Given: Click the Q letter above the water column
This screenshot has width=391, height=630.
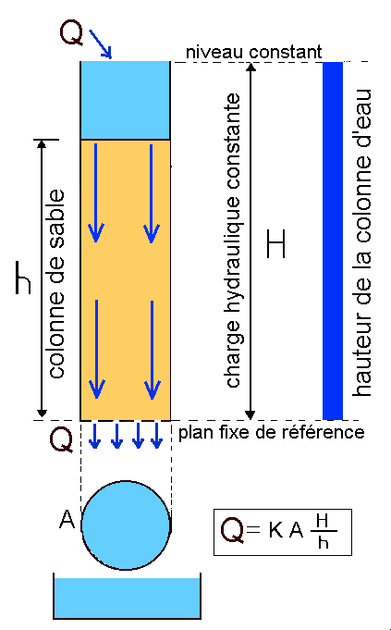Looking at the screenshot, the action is coord(72,32).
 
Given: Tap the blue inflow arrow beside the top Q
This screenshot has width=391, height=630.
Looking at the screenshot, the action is coord(100,44).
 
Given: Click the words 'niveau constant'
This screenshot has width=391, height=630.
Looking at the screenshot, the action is coord(253,52).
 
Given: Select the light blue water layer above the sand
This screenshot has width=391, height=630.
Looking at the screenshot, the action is coord(125,100).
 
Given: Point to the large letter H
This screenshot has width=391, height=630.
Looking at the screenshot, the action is coord(276,244).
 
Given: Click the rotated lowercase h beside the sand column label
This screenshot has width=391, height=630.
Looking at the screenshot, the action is coord(23,278).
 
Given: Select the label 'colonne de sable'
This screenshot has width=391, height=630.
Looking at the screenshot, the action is coord(56,284).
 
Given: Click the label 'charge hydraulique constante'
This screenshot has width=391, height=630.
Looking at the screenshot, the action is coord(233,241).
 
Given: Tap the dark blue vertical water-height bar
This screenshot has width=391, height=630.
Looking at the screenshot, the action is coord(333,241).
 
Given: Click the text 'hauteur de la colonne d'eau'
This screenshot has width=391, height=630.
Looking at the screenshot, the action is coord(361,242).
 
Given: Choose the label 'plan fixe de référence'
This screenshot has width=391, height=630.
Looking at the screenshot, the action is coord(272,433).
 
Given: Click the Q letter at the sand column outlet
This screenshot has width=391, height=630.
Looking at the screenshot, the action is coord(61,440).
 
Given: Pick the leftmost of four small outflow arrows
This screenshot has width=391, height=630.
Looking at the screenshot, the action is coord(94,435).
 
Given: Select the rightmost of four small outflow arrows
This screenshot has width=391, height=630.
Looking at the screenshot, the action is coord(156,435).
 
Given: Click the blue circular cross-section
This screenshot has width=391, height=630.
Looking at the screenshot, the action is coord(126,525).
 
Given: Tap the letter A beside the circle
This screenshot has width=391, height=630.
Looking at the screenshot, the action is coord(67,520).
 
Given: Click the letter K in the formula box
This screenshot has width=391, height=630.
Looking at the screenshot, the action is coord(275,531).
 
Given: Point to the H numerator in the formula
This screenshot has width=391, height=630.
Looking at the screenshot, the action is coord(323,521).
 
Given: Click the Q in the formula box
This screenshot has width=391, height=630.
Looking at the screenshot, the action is coord(232,531).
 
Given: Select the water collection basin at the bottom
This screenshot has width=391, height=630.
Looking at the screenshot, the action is coord(127,598).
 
